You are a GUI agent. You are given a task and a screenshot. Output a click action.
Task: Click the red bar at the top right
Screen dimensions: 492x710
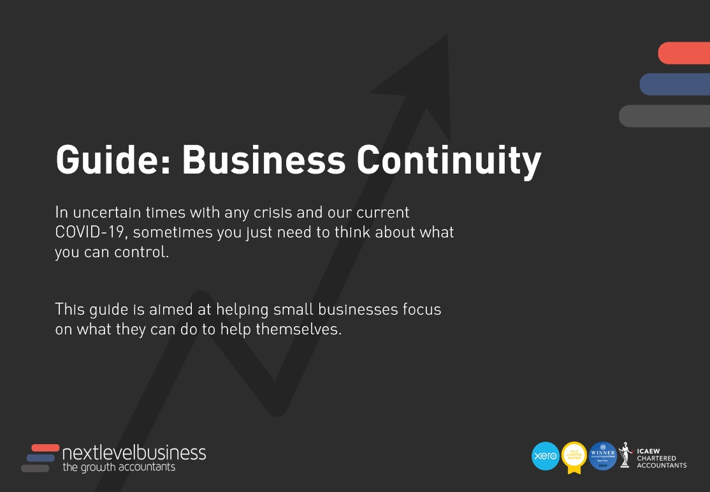(685, 53)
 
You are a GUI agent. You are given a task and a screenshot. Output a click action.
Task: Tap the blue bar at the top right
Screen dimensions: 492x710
(675, 84)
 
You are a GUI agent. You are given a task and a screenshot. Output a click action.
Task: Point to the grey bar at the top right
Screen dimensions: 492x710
(665, 116)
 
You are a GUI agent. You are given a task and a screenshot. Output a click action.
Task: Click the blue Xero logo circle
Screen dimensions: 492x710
(545, 456)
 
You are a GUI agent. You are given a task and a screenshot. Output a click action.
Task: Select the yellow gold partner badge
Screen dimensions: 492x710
(574, 456)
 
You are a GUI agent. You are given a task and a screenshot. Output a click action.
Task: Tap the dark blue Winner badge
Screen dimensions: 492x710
(602, 456)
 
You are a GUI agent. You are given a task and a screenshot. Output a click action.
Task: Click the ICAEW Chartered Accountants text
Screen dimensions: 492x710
(662, 458)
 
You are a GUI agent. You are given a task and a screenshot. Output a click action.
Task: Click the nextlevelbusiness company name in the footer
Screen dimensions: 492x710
(134, 453)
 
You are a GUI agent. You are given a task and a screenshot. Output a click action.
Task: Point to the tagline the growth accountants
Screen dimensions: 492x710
(119, 468)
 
